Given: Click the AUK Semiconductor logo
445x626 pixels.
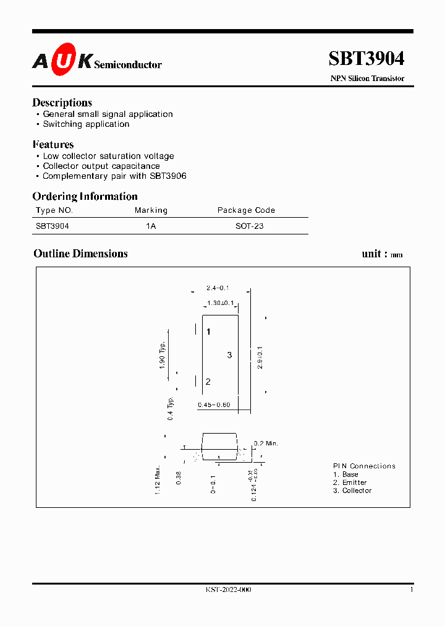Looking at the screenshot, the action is click(x=97, y=59).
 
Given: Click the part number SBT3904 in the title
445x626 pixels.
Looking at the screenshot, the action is click(x=367, y=58).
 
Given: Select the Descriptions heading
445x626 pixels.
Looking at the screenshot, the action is click(x=62, y=103).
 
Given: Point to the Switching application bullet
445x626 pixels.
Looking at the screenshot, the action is click(x=86, y=124).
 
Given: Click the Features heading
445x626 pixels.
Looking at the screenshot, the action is click(x=53, y=145).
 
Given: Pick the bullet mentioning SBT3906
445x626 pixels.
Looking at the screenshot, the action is click(x=114, y=176).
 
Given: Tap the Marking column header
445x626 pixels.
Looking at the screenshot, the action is click(x=151, y=210).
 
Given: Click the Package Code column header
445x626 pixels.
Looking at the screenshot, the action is click(x=246, y=210).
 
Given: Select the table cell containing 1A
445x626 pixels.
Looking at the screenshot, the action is click(x=151, y=226).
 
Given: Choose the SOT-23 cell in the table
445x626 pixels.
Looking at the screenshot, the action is click(x=250, y=226).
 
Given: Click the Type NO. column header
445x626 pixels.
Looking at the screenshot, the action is click(x=54, y=210).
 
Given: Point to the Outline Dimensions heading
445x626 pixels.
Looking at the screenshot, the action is click(x=80, y=254).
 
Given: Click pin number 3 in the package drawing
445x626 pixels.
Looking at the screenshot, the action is click(x=229, y=355).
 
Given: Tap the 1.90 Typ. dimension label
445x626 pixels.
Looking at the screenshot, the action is click(x=163, y=355).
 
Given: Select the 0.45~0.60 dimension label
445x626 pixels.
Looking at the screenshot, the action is click(x=214, y=405).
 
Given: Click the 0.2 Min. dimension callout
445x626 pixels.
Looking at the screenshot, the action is click(x=266, y=444).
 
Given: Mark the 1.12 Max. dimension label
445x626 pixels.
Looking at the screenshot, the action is click(x=158, y=479).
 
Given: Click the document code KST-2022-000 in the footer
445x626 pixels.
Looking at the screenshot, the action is click(x=229, y=590).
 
